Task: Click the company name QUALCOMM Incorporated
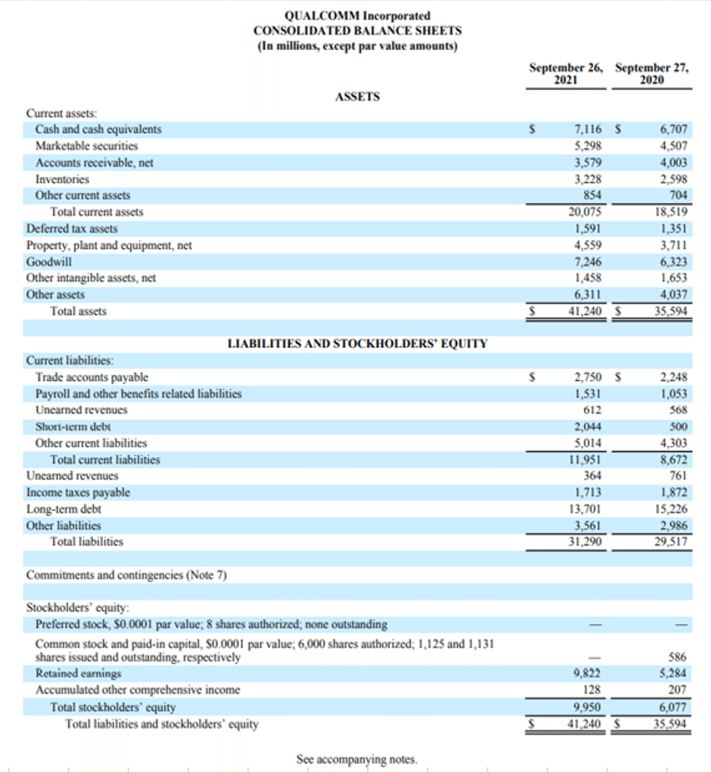[x=357, y=16]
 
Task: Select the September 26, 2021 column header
[x=565, y=74]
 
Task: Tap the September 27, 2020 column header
[x=651, y=74]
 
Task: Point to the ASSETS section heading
[x=357, y=96]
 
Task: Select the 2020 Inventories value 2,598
[x=673, y=179]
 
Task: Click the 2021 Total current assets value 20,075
[x=585, y=213]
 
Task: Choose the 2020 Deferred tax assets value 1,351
[x=673, y=229]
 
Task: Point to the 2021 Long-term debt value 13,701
[x=585, y=509]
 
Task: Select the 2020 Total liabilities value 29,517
[x=670, y=541]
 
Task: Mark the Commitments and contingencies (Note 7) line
[x=126, y=575]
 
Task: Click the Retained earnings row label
[x=78, y=673]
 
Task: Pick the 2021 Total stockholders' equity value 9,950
[x=588, y=707]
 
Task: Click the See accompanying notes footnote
[x=357, y=759]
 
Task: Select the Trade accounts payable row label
[x=91, y=377]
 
